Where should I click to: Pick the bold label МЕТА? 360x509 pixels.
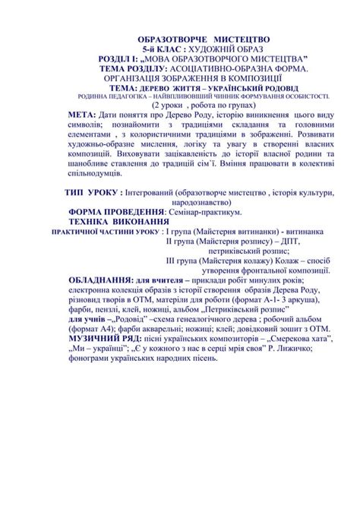83,114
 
